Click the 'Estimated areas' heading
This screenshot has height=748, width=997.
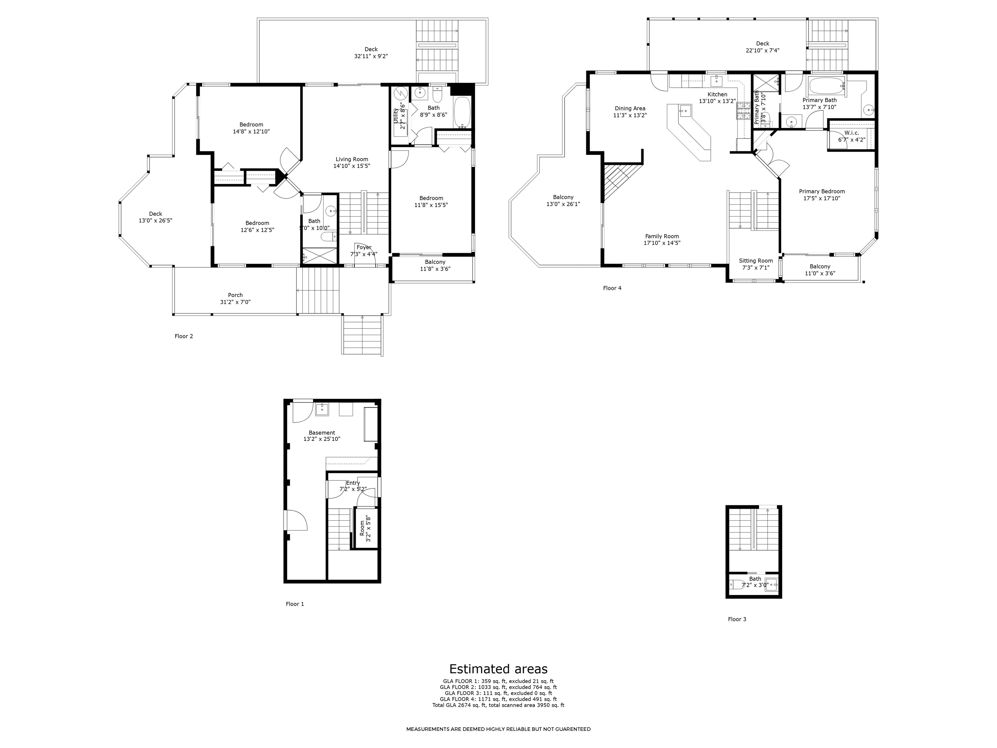(498, 669)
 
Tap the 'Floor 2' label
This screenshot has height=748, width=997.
(184, 336)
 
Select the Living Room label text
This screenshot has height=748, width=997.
(351, 159)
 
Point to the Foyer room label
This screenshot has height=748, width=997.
(364, 247)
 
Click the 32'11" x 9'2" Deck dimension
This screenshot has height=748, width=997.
(371, 56)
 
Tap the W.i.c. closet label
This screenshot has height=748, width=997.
(851, 133)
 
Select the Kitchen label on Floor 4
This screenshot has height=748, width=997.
(717, 94)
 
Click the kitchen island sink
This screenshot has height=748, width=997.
(685, 109)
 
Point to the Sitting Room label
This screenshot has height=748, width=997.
(756, 261)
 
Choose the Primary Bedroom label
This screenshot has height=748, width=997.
(822, 191)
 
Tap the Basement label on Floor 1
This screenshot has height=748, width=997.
(322, 432)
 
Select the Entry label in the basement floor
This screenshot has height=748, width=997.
(353, 483)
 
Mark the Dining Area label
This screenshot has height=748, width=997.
(630, 108)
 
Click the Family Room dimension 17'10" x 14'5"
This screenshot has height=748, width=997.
(662, 243)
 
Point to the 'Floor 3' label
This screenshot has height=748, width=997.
(737, 619)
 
